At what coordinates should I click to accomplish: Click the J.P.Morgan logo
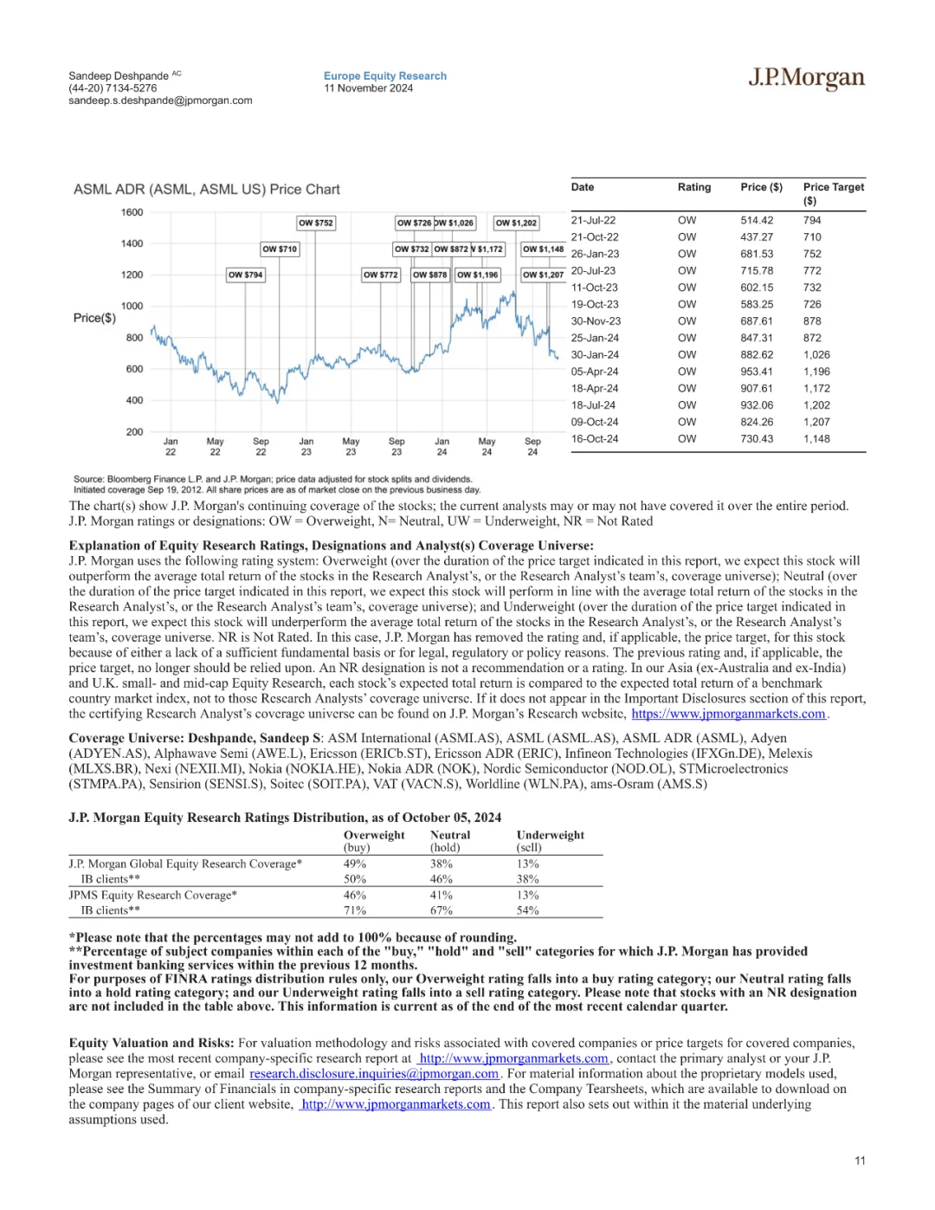point(806,79)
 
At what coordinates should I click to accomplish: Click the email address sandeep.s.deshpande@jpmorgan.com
point(160,100)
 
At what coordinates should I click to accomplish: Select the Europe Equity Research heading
point(385,76)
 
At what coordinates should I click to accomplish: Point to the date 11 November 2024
point(368,88)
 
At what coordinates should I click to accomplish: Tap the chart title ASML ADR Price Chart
point(206,190)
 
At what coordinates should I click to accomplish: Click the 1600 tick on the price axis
point(132,212)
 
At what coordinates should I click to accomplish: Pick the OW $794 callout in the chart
point(245,275)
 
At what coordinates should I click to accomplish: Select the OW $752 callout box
point(315,223)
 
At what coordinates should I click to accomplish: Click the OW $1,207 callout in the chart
point(543,275)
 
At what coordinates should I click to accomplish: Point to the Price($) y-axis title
point(94,318)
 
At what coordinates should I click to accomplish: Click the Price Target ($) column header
point(833,193)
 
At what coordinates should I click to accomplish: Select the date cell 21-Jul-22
point(593,221)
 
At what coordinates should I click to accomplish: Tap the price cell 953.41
point(757,372)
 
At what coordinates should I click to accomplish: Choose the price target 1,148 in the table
point(816,439)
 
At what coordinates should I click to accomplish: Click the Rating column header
point(693,187)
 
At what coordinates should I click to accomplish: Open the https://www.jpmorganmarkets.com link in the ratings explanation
point(728,714)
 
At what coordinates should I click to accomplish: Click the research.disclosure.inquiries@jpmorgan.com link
point(374,1074)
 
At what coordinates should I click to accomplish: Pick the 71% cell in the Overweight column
point(355,910)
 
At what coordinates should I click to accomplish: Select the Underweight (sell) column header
point(550,841)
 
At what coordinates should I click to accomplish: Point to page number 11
point(860,1161)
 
